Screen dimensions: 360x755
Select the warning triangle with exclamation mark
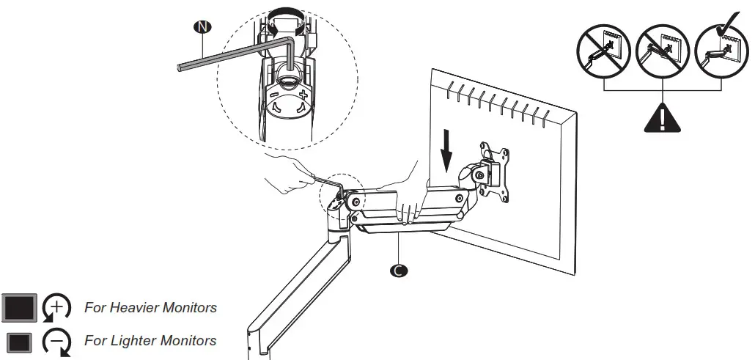click(x=662, y=117)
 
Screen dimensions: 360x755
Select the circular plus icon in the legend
click(x=57, y=307)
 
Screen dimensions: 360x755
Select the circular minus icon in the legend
click(x=57, y=342)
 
